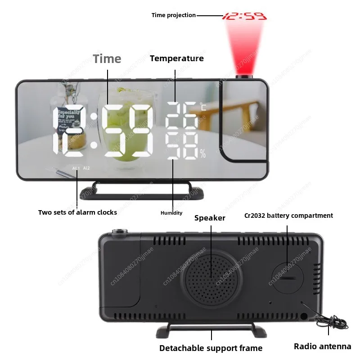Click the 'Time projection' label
(x=173, y=15)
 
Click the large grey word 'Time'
(x=107, y=59)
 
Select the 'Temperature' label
(x=176, y=58)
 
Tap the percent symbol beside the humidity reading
(x=202, y=154)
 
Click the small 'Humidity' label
(x=171, y=213)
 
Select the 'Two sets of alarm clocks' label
(x=77, y=212)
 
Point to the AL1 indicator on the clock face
(x=75, y=168)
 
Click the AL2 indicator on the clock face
(x=86, y=168)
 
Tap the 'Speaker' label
(x=210, y=218)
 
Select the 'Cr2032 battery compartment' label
(x=288, y=216)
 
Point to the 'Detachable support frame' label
(x=211, y=348)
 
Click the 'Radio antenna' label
(x=322, y=346)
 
